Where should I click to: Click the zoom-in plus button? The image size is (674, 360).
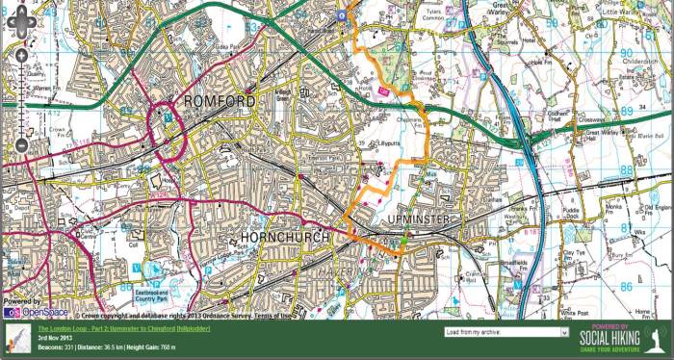(x=21, y=56)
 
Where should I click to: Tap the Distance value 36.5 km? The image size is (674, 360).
(x=102, y=347)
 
